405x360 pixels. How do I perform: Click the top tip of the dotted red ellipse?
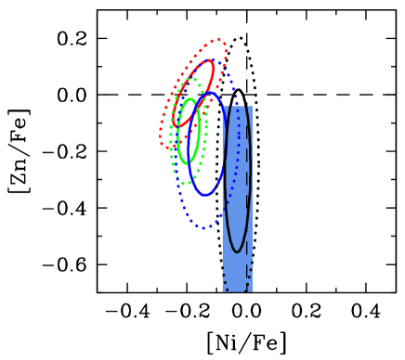[x=220, y=40]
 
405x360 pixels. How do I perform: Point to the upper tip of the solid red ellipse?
[x=211, y=62]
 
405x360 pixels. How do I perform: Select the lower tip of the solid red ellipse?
[x=175, y=125]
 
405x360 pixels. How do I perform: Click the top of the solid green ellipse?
[x=189, y=99]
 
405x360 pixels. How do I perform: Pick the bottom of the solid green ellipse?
[x=187, y=163]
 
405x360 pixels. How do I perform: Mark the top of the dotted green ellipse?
[x=190, y=79]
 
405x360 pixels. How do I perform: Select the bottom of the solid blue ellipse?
[x=205, y=195]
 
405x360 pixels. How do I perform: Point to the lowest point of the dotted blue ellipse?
[x=205, y=227]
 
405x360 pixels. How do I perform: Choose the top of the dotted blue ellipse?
[x=212, y=60]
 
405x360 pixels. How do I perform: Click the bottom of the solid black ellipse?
[x=237, y=251]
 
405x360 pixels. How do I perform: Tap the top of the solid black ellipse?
[x=237, y=106]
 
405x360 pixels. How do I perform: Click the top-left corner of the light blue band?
[x=222, y=106]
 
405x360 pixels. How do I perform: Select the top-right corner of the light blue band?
[x=252, y=106]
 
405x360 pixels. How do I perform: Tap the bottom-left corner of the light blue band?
[x=222, y=291]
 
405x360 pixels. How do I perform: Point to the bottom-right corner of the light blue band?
[x=252, y=291]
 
